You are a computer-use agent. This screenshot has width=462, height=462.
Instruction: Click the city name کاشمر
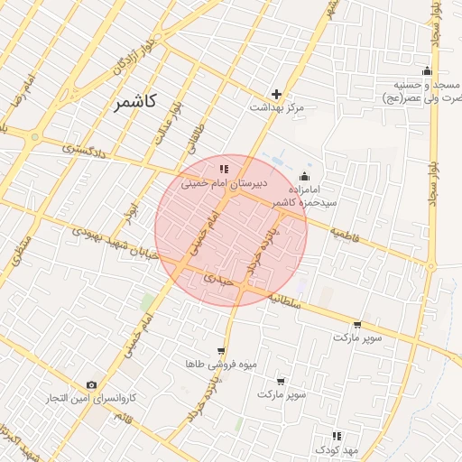click(136, 102)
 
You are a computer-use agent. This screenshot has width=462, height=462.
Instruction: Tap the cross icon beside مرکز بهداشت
click(277, 94)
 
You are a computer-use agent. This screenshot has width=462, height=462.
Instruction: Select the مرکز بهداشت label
click(277, 107)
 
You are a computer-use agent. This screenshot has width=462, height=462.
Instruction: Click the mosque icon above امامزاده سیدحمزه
click(304, 176)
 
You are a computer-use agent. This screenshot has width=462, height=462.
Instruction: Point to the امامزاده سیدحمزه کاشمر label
click(306, 197)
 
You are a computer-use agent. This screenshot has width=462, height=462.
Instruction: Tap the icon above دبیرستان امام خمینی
click(223, 169)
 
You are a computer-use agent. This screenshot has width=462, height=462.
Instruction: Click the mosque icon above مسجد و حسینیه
click(427, 72)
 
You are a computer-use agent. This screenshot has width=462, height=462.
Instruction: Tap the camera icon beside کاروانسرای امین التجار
click(91, 385)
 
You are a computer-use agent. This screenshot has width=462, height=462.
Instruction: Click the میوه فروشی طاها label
click(221, 364)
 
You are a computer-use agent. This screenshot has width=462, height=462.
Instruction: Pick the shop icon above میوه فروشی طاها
click(221, 351)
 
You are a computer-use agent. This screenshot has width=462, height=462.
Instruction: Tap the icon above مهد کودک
click(337, 436)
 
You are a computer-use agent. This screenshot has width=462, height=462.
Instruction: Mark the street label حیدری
click(219, 281)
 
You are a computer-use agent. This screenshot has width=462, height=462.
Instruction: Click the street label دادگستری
click(86, 148)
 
